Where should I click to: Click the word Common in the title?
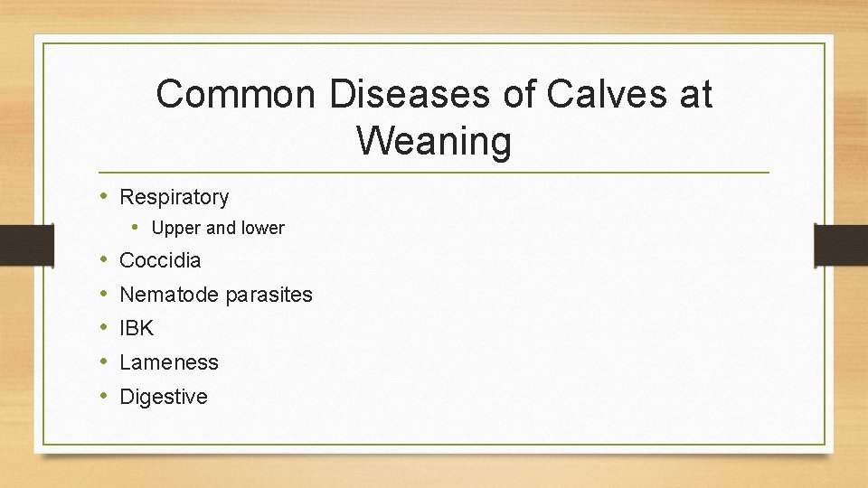(x=233, y=94)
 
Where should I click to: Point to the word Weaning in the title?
(x=434, y=141)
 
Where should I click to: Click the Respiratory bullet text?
(x=175, y=197)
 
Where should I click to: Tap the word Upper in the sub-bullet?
(x=176, y=229)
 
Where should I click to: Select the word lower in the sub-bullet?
(x=261, y=229)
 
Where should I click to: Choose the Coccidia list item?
(x=160, y=261)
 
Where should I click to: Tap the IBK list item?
(x=137, y=329)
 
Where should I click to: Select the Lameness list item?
(x=169, y=362)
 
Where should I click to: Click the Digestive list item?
(x=164, y=397)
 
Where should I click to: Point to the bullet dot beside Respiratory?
(x=105, y=196)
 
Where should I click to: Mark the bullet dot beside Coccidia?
(x=105, y=260)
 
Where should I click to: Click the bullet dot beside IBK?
(x=105, y=328)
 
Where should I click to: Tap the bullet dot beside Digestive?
(x=105, y=396)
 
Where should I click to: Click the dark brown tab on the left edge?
(x=15, y=245)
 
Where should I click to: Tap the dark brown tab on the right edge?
(x=842, y=245)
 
